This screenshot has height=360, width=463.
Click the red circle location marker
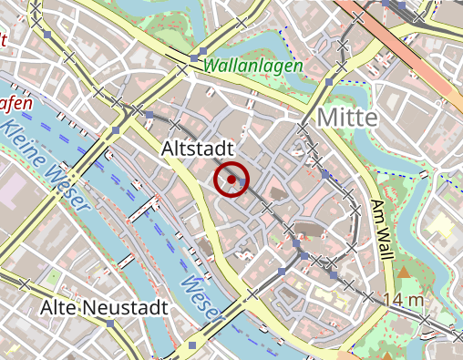[x=231, y=180]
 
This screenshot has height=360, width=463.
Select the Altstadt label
[x=198, y=148]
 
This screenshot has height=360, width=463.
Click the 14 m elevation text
[x=405, y=299]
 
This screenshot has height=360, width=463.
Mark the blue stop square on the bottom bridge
[x=191, y=345]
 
